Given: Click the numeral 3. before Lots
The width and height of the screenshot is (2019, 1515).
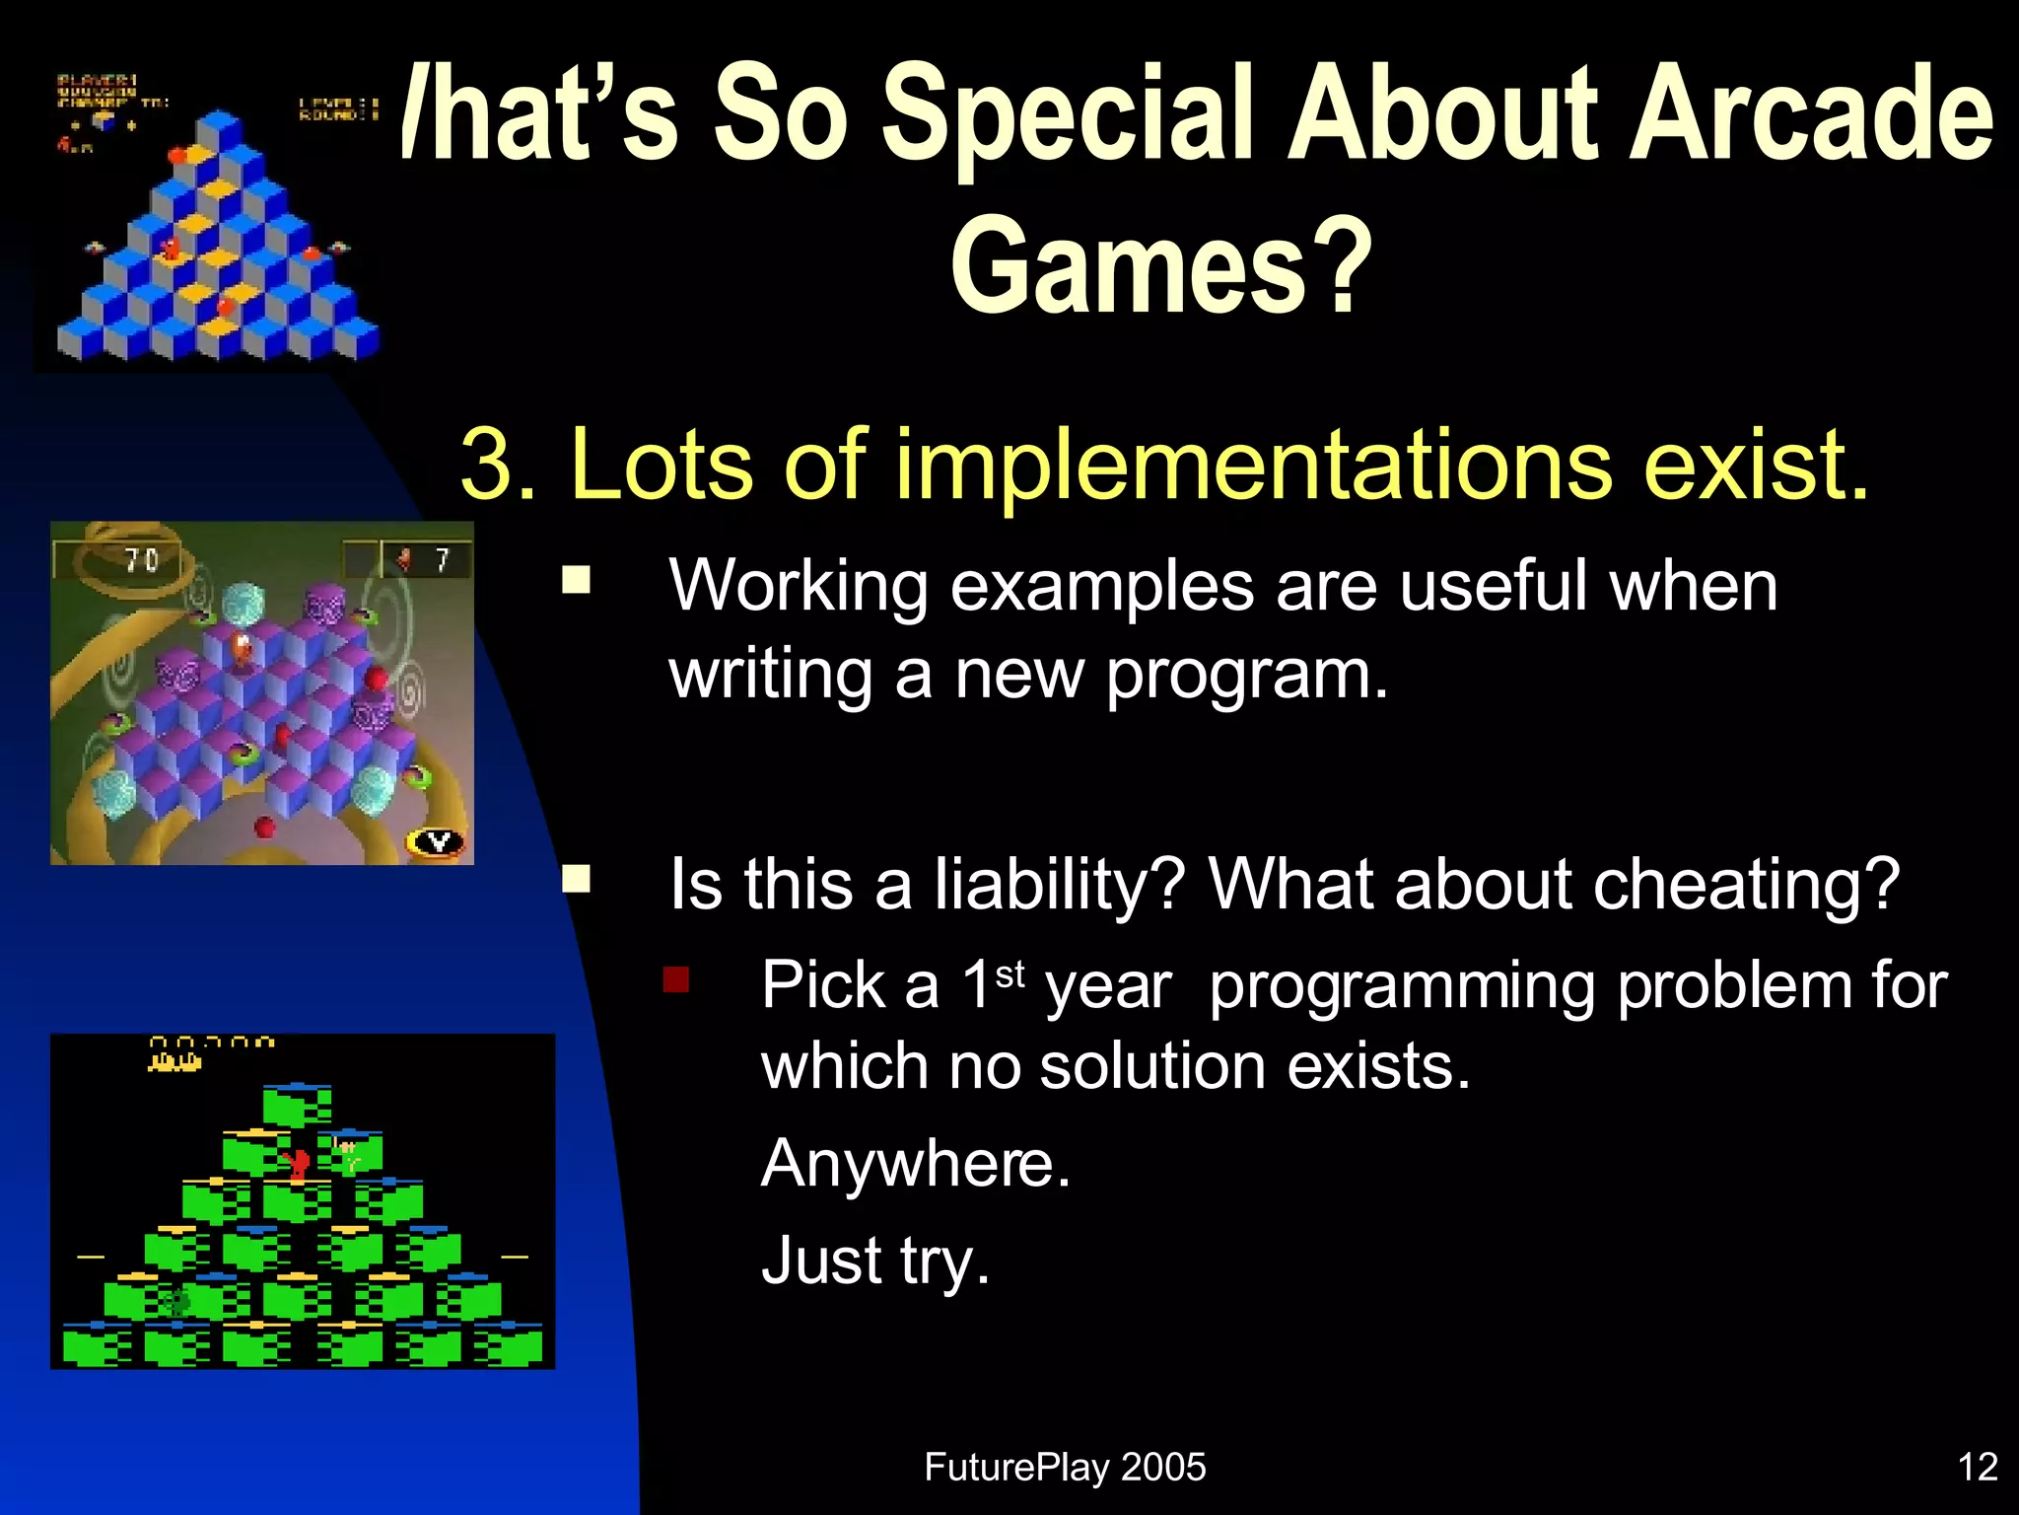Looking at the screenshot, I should [x=498, y=464].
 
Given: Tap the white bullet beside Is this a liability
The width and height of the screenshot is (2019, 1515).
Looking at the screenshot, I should [x=576, y=878].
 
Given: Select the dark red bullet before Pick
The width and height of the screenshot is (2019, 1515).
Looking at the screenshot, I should [x=676, y=979].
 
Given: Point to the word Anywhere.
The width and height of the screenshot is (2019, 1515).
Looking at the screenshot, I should [x=915, y=1164].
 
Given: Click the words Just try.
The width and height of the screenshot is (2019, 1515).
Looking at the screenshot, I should [x=874, y=1262].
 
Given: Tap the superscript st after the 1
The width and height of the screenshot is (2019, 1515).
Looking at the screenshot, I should [x=1010, y=975].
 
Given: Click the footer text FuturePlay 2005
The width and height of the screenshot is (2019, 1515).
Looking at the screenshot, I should [x=1065, y=1467].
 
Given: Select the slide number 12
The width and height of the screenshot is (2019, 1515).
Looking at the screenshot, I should [x=1977, y=1467].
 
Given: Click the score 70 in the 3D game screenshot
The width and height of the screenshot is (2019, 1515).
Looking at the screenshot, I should [x=141, y=560].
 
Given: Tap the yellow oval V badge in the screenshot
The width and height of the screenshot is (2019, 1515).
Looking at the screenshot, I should [x=437, y=842].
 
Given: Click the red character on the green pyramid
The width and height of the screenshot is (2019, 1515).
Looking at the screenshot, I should [x=295, y=1164].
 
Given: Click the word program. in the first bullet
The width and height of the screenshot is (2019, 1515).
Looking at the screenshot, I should [x=1246, y=675].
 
